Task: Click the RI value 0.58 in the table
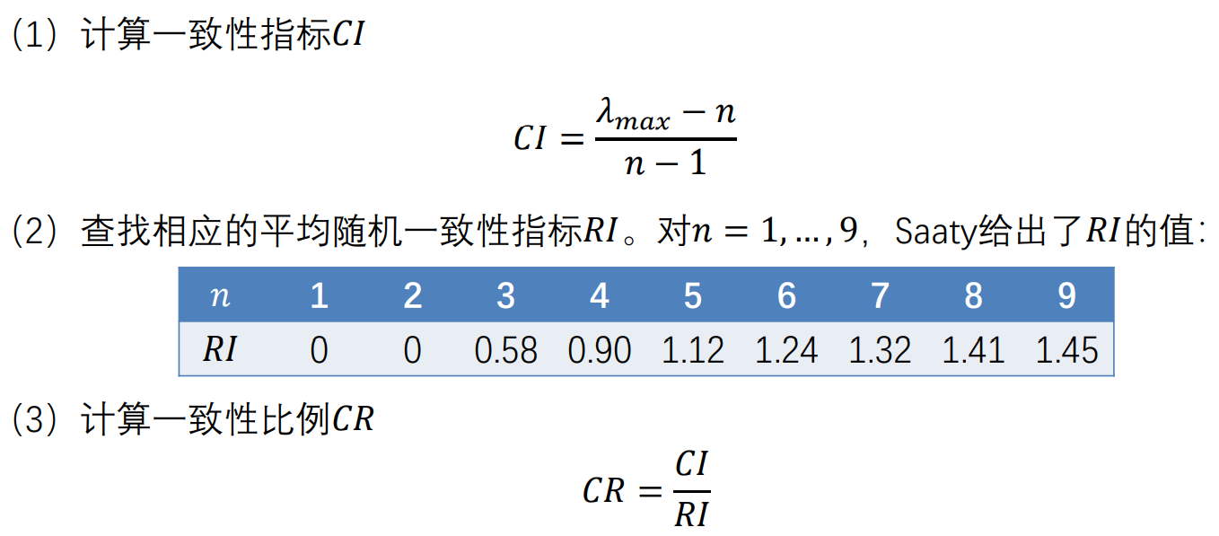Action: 505,350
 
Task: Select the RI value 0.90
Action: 600,350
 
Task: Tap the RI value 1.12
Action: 692,350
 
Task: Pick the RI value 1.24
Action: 786,350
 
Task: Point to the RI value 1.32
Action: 880,350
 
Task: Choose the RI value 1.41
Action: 973,350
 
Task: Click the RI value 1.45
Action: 1066,350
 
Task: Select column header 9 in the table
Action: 1066,296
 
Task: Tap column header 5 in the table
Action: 692,296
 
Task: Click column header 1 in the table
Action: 319,296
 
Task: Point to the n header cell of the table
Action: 220,296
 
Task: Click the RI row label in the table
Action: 220,350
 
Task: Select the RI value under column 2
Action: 412,350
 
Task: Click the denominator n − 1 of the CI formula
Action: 665,163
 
